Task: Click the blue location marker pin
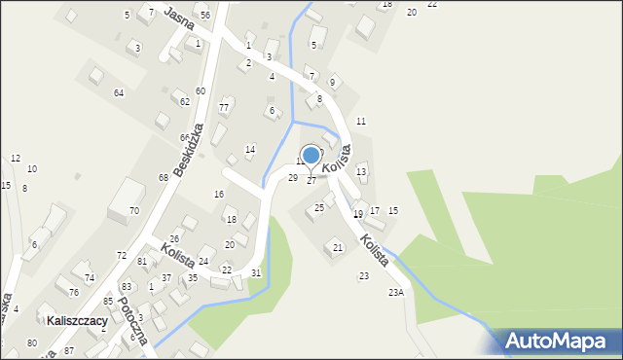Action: [x=311, y=156]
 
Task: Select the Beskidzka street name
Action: [x=189, y=149]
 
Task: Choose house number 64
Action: [x=119, y=92]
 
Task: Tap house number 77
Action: [x=224, y=107]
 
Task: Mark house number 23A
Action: [x=395, y=292]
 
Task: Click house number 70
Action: [x=134, y=211]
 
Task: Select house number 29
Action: [x=292, y=177]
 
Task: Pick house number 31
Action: [x=256, y=272]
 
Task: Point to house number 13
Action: [x=361, y=172]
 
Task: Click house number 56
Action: [x=204, y=16]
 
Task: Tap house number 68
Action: [x=164, y=178]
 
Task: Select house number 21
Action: [x=338, y=248]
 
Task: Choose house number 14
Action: [x=250, y=149]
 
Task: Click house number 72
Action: [x=122, y=255]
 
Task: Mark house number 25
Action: [x=319, y=207]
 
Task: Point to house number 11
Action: [x=360, y=121]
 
